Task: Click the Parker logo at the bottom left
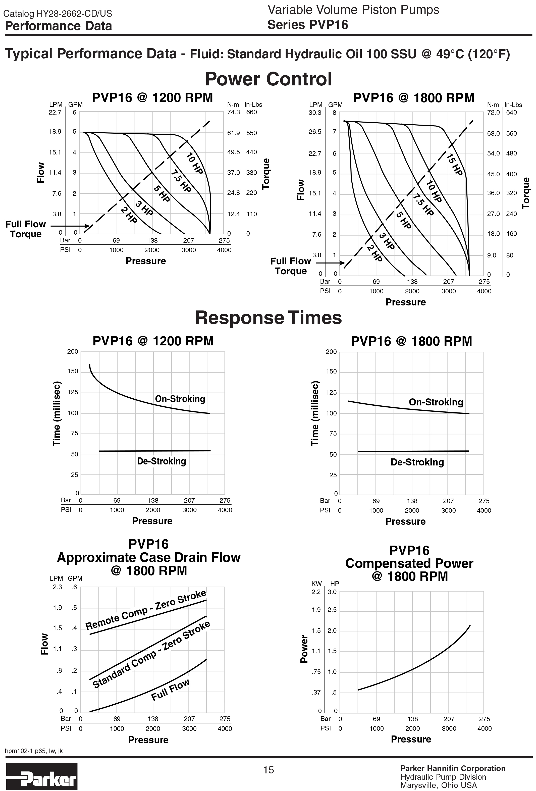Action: [x=41, y=776]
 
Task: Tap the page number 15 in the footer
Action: [x=269, y=770]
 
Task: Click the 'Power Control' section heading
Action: [x=268, y=79]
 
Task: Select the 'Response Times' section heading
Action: [x=268, y=318]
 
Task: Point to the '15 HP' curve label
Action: [x=455, y=165]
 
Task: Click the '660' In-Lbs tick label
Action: [x=251, y=112]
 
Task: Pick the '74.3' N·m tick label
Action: [x=233, y=112]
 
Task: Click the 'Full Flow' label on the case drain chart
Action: [x=170, y=690]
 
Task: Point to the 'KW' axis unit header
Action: [x=316, y=584]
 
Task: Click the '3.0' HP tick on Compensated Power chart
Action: [x=332, y=592]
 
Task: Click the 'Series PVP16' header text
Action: [x=308, y=25]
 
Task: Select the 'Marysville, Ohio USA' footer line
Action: [x=438, y=785]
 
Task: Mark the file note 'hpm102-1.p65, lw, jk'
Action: [x=34, y=751]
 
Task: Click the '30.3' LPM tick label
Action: [x=315, y=113]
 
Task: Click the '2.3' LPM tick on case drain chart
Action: [x=57, y=587]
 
